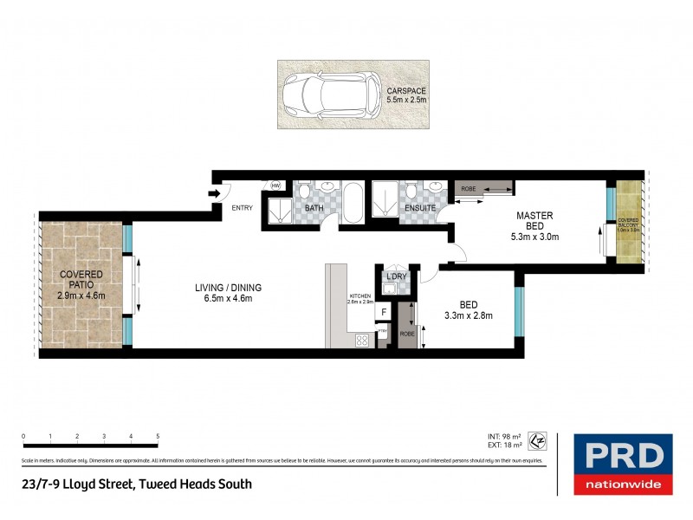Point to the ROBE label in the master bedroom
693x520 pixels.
click(468, 188)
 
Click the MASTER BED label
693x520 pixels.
click(535, 220)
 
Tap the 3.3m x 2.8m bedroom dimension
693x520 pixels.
click(469, 315)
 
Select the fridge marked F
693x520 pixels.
click(382, 311)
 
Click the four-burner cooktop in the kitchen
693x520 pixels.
click(361, 341)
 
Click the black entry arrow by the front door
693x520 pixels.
click(213, 194)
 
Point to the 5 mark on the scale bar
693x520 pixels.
click(157, 436)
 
